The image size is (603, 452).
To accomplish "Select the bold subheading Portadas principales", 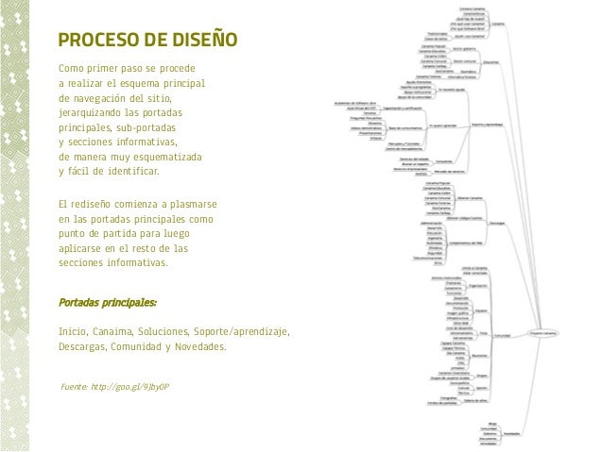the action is (x=108, y=303).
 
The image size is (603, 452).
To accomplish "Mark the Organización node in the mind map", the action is (x=478, y=282).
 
